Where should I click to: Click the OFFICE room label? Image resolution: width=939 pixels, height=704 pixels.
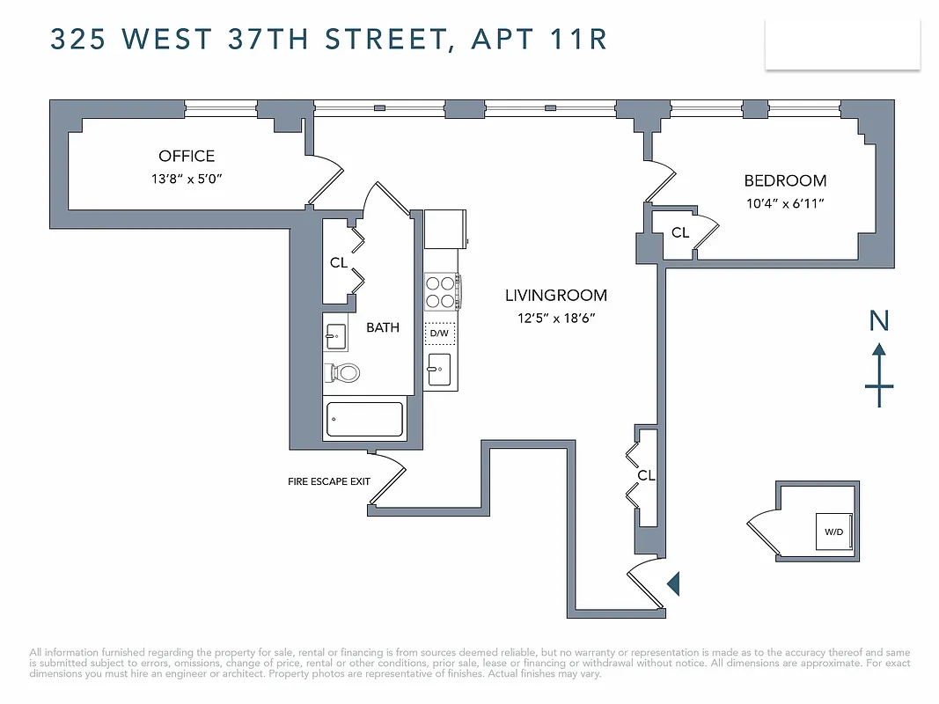point(187,156)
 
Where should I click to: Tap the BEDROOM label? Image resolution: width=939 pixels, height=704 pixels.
point(785,180)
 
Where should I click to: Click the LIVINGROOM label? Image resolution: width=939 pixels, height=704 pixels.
point(556,296)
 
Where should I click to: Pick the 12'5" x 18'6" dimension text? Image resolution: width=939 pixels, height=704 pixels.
point(556,319)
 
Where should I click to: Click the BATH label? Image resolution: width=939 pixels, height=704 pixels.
point(383,327)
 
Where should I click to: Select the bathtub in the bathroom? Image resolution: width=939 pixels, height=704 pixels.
point(364,420)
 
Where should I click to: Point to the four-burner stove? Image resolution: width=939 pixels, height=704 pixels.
point(441,292)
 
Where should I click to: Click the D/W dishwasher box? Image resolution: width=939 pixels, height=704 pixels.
point(440,334)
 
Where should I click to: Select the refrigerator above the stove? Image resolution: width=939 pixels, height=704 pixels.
point(444,229)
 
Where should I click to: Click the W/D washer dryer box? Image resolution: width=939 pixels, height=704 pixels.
point(833,532)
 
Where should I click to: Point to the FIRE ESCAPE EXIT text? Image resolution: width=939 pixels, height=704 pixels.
point(329,482)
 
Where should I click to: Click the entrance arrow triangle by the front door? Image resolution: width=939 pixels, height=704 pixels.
point(674,583)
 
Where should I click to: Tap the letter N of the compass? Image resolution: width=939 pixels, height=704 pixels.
point(879,321)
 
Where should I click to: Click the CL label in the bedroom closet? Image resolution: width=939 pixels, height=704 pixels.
point(680,233)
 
